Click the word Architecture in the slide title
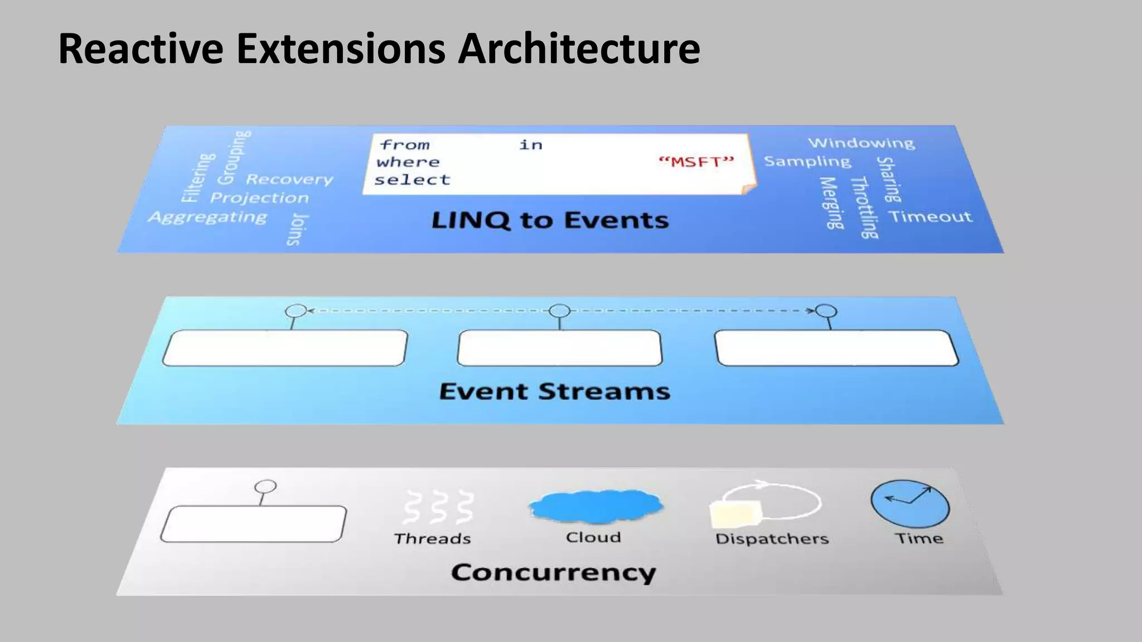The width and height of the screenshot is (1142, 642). click(579, 49)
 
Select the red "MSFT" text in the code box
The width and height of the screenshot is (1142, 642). click(696, 162)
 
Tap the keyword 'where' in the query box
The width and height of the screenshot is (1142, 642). click(408, 162)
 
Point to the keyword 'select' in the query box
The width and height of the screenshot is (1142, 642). click(412, 180)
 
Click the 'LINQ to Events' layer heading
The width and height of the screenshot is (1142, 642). click(550, 220)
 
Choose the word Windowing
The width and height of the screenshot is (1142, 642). click(861, 143)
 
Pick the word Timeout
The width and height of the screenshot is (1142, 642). click(930, 216)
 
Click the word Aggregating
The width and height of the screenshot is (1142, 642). click(207, 217)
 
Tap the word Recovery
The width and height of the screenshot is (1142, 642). click(289, 179)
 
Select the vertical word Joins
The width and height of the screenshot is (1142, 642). click(297, 229)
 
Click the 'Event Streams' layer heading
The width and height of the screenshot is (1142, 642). click(554, 391)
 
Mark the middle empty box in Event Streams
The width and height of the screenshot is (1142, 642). click(559, 348)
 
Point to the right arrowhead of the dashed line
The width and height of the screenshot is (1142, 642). click(811, 310)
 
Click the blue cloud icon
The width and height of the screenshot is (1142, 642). click(596, 506)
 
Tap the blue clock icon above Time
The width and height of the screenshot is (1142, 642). click(910, 504)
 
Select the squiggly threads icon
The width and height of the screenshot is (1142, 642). click(439, 507)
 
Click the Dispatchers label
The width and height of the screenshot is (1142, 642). click(772, 539)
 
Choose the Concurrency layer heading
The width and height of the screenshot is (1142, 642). click(554, 573)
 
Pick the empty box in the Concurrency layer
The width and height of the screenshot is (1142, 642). click(253, 524)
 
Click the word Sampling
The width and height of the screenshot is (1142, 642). click(807, 161)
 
